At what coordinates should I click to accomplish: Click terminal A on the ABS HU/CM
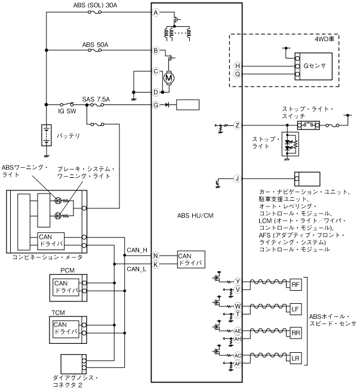pos(156,13)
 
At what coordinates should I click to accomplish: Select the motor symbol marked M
pos(169,78)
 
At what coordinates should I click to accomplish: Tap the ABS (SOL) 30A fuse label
pos(95,5)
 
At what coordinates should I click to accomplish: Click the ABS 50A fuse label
pos(95,45)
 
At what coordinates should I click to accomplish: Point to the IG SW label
pos(67,111)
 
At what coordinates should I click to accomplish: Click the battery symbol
pos(47,135)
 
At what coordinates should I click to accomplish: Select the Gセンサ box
pos(313,66)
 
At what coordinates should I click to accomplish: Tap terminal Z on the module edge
pos(237,125)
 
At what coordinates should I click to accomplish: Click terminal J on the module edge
pos(237,178)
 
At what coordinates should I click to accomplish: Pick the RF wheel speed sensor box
pos(296,285)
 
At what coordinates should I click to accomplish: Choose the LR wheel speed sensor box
pos(296,358)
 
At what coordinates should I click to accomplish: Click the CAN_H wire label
pos(137,250)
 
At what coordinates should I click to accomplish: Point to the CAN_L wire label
pos(136,269)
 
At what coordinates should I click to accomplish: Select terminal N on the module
pos(156,256)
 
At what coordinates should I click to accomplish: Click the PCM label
pos(67,270)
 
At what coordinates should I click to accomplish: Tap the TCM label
pos(58,313)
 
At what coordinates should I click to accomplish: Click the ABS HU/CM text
pos(195,215)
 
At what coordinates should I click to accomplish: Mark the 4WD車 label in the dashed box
pos(324,39)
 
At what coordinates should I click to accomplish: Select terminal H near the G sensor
pos(238,66)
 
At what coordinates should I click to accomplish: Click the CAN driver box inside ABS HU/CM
pos(191,260)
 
